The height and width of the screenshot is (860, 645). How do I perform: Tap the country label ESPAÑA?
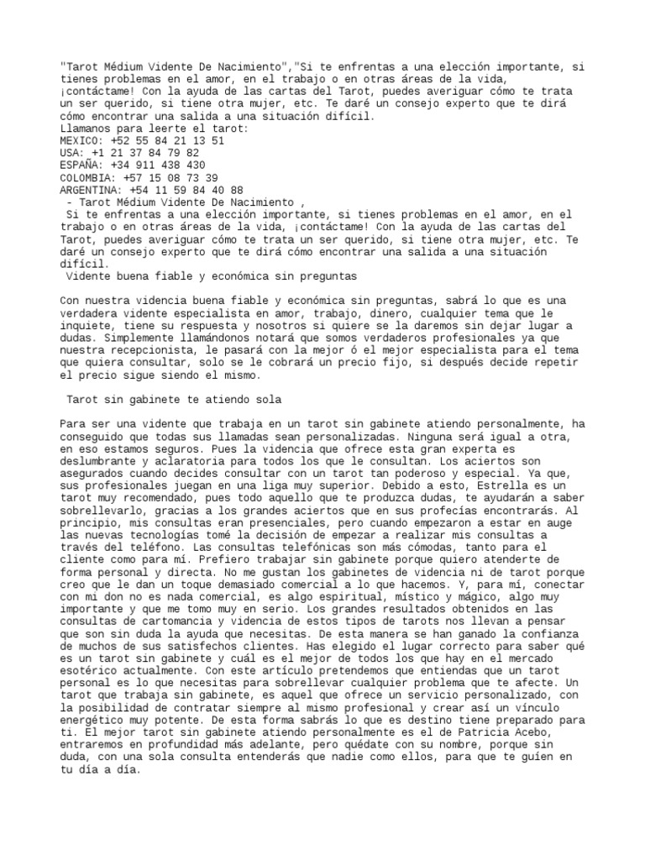click(x=82, y=165)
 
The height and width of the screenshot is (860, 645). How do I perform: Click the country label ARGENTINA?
click(x=92, y=191)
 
